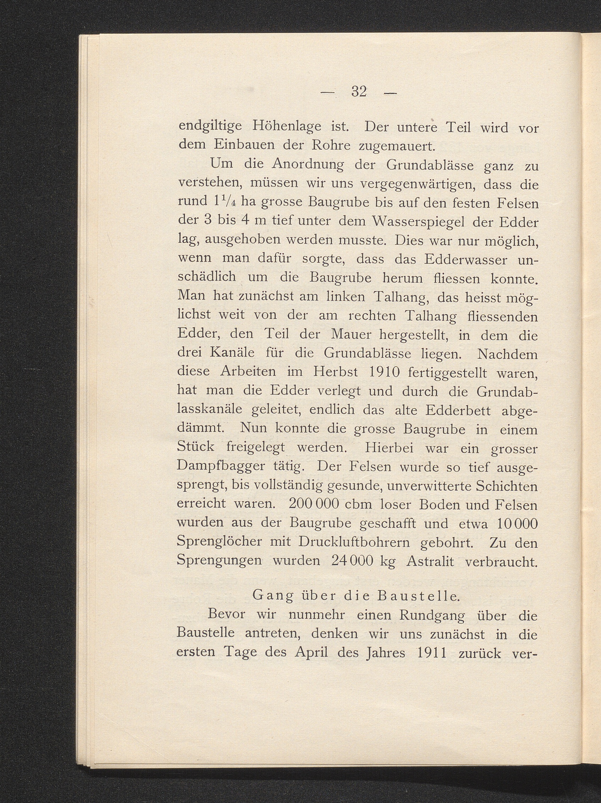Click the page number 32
point(359,92)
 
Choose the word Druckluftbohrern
point(354,542)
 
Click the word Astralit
point(430,561)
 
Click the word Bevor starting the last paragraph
point(226,615)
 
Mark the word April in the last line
point(311,653)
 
